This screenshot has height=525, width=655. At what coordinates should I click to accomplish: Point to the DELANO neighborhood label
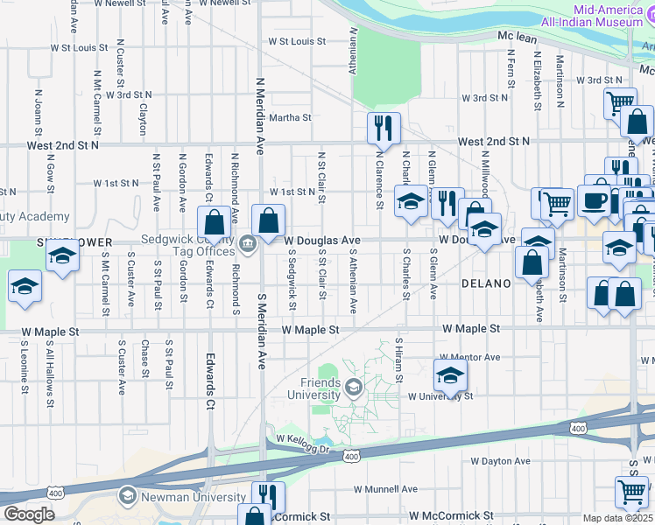coord(486,283)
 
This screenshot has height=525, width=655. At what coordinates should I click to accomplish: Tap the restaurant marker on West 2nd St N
coord(384,129)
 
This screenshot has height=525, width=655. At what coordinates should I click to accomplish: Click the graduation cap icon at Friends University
coord(353,386)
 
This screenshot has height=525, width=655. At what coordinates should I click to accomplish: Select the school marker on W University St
coord(451,375)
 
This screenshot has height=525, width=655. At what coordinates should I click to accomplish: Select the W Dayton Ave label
coord(500,461)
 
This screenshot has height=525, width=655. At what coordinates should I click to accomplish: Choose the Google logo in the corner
coord(29,514)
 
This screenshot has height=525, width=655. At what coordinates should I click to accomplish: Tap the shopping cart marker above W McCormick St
coord(631,492)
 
